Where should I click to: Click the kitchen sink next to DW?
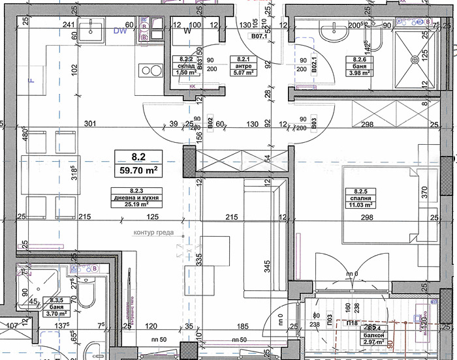coord(91,29)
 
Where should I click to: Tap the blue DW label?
coord(119,30)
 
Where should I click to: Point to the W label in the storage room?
coord(187,30)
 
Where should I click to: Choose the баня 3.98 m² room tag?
coord(358,67)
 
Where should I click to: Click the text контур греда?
coord(153,232)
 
